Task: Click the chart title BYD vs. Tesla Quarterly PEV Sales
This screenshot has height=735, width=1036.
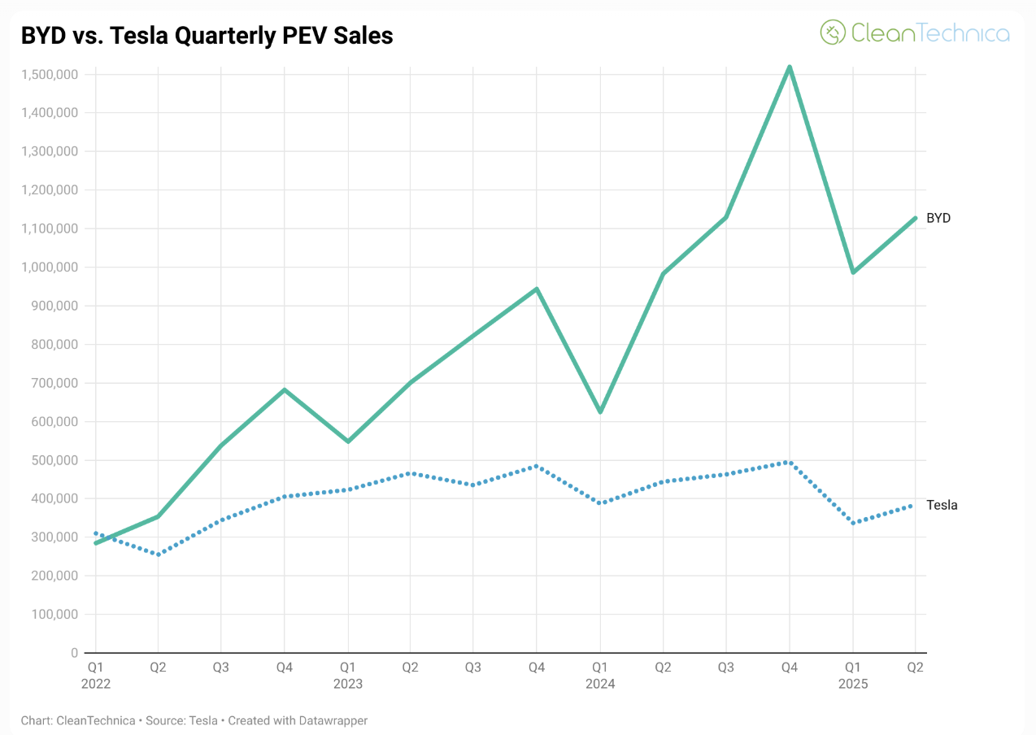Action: point(207,35)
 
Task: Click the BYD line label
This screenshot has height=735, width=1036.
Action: point(938,218)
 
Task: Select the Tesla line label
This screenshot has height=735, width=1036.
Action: point(942,505)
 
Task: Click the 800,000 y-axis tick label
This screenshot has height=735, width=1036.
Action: point(51,345)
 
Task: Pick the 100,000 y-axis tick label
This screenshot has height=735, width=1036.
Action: point(51,615)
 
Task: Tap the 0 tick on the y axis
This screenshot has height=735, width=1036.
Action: point(74,653)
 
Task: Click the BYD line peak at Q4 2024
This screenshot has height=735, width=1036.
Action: point(790,67)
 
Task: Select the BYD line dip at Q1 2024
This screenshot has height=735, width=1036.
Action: point(600,412)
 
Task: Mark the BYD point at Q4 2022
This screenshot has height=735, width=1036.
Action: point(285,389)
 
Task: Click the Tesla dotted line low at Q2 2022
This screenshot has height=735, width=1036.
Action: point(159,555)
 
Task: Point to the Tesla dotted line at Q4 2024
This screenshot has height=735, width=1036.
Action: point(790,462)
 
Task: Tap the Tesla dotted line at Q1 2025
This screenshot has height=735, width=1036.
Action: point(853,523)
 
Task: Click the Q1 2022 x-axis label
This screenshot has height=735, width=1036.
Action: point(96,675)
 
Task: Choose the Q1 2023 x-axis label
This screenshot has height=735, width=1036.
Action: point(348,675)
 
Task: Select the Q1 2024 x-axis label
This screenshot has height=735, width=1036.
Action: point(600,675)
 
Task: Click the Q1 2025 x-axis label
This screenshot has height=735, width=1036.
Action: point(853,675)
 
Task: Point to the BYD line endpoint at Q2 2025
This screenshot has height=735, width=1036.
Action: point(916,218)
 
